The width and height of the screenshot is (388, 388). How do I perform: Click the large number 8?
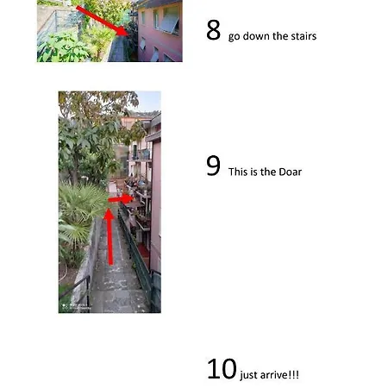[x=213, y=30]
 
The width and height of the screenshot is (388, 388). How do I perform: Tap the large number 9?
[x=213, y=166]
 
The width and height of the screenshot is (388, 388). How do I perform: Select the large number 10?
[x=222, y=368]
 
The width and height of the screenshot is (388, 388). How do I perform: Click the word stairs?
[x=304, y=36]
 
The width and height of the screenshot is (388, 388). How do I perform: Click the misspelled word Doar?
[x=291, y=172]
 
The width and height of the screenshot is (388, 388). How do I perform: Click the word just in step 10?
[x=249, y=375]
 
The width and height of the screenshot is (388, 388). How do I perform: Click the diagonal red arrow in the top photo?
[x=102, y=21]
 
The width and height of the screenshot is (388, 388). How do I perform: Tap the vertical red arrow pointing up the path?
[x=110, y=236]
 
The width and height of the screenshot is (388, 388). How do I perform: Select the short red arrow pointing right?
[x=121, y=199]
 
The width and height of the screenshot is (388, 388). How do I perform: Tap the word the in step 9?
[x=268, y=172]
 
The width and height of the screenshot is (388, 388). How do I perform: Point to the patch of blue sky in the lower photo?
[x=148, y=101]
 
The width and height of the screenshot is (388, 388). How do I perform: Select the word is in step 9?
[x=254, y=172]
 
